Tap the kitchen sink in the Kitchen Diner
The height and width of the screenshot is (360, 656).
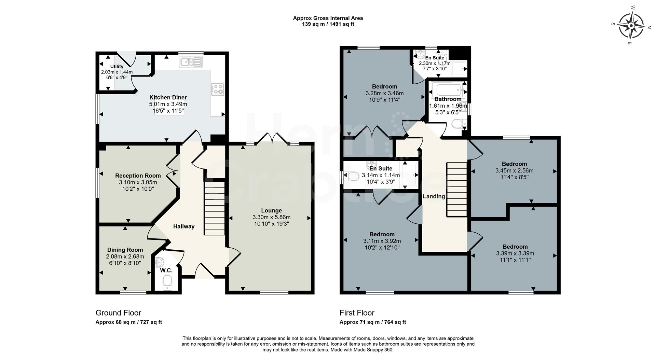(x=191, y=61)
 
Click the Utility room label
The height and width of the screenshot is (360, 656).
(x=117, y=67)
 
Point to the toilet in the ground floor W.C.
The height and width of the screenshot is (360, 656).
(x=167, y=282)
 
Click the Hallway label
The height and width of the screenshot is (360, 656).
(x=183, y=226)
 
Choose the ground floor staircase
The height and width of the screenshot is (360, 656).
(x=215, y=208)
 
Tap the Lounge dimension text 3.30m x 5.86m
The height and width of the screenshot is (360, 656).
(x=271, y=217)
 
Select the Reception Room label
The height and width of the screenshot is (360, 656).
(x=138, y=176)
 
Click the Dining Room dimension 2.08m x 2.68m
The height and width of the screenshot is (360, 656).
(x=125, y=257)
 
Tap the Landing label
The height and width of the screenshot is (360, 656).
(x=434, y=196)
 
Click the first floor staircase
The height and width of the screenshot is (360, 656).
(x=456, y=190)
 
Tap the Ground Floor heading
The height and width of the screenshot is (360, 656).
(x=118, y=313)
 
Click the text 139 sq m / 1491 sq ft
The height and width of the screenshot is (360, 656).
(x=328, y=24)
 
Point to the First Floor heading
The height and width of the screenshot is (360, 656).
(x=357, y=313)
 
